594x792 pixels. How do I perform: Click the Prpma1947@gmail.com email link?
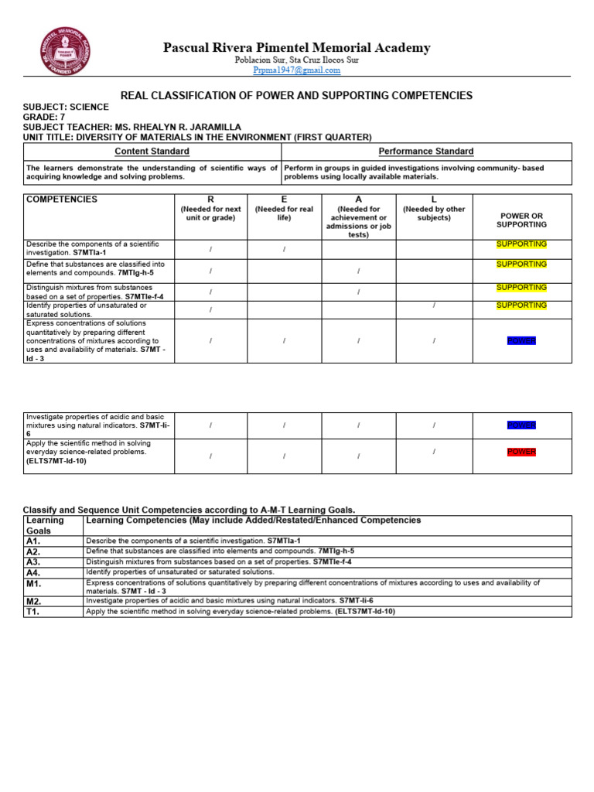(296, 70)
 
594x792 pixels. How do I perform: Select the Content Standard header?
(152, 152)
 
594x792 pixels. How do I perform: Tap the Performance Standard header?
(426, 152)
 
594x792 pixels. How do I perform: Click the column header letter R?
(210, 200)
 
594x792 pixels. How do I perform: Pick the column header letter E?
(284, 200)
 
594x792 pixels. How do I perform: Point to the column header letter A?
(358, 200)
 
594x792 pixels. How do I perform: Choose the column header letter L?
(434, 200)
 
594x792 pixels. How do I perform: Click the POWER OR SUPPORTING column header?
(522, 220)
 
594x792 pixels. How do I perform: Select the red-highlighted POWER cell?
(522, 452)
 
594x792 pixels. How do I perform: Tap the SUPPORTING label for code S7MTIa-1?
(522, 244)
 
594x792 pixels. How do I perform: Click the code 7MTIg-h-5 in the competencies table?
(135, 273)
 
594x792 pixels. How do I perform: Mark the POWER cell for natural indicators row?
(522, 425)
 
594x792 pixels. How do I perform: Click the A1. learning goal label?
(33, 541)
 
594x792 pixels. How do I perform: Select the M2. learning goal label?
(33, 601)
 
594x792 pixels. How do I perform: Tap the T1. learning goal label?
(33, 612)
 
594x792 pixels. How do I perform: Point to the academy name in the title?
(296, 48)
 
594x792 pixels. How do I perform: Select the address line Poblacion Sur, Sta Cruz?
(296, 60)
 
